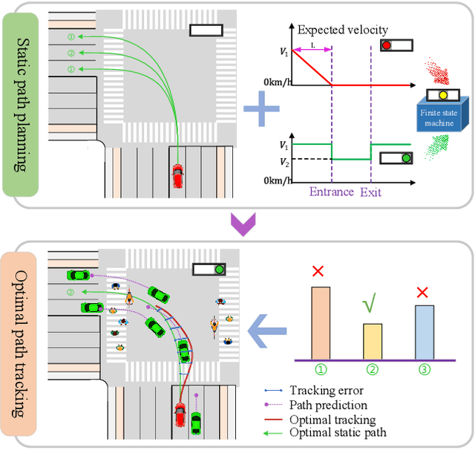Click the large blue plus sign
(x=262, y=112)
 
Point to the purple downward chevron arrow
(x=243, y=224)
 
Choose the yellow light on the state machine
(x=442, y=95)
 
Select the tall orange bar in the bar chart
(x=320, y=323)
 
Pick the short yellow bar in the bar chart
(x=372, y=342)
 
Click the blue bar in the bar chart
(x=424, y=332)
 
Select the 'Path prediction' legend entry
(x=328, y=405)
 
